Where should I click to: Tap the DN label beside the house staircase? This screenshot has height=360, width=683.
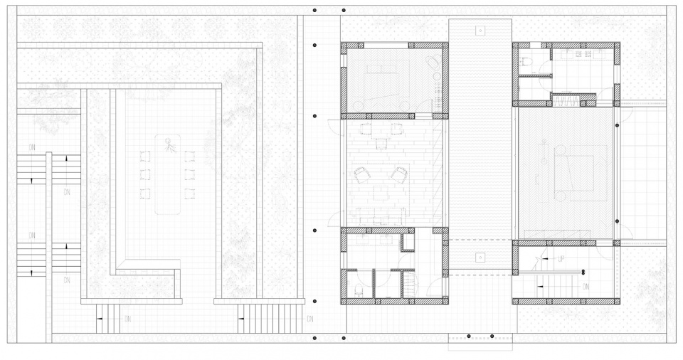[x=586, y=287]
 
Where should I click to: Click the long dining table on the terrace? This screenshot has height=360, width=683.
[x=169, y=174]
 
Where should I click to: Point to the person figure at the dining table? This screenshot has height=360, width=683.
[x=169, y=147]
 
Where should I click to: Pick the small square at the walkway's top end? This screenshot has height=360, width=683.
[x=480, y=31]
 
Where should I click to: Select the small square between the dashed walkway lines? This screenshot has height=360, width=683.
[x=480, y=256]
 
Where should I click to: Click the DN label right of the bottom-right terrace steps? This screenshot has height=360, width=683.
[x=309, y=319]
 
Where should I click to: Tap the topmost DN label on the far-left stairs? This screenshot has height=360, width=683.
[x=31, y=146]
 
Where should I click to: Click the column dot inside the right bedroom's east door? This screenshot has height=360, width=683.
[x=616, y=125]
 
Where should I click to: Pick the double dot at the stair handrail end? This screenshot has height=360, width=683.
[x=583, y=271]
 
